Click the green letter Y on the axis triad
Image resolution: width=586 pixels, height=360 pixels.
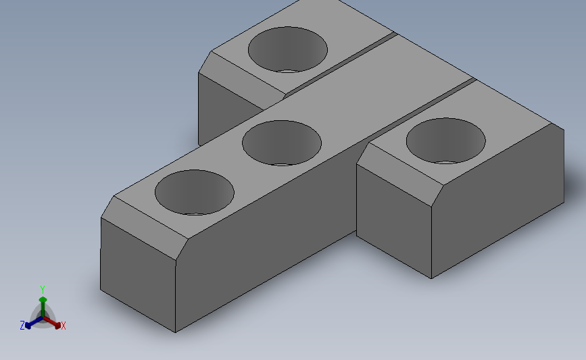(x=42, y=290)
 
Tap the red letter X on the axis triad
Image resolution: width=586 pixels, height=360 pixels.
(x=63, y=326)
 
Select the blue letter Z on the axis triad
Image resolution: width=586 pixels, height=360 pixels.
(x=22, y=326)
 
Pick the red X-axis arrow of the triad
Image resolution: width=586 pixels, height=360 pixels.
(x=51, y=323)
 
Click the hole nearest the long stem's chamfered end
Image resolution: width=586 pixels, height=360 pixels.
(x=195, y=192)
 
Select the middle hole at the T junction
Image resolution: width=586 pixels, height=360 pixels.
(x=282, y=143)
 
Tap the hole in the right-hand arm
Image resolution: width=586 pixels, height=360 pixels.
(x=446, y=140)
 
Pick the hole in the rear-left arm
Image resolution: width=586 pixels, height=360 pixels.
(x=288, y=50)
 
